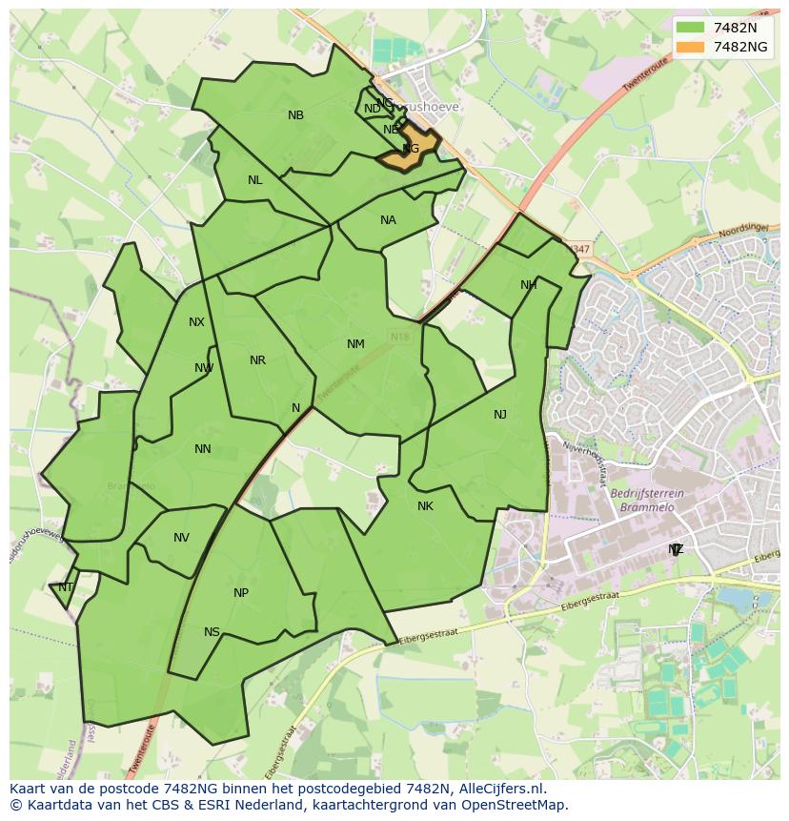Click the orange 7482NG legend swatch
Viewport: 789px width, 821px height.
click(692, 47)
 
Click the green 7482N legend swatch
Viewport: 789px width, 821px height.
click(692, 28)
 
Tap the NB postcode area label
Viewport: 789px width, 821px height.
click(295, 115)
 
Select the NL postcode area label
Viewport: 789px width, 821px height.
click(254, 180)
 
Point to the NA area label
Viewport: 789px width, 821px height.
click(388, 220)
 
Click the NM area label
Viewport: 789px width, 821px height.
click(355, 344)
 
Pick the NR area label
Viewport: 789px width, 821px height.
click(257, 360)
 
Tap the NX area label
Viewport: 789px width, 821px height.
click(196, 322)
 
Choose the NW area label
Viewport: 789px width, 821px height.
click(204, 368)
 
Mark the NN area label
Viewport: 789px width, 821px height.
click(202, 449)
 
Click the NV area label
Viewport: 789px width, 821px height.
click(181, 538)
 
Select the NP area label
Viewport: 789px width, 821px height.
click(241, 593)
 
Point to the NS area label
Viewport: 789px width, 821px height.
click(212, 632)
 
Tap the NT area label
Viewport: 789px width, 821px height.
click(66, 587)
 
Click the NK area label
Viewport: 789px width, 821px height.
click(425, 506)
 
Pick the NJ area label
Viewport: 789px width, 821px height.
click(500, 414)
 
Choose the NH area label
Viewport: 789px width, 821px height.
click(528, 285)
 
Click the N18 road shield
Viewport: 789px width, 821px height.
click(398, 337)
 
